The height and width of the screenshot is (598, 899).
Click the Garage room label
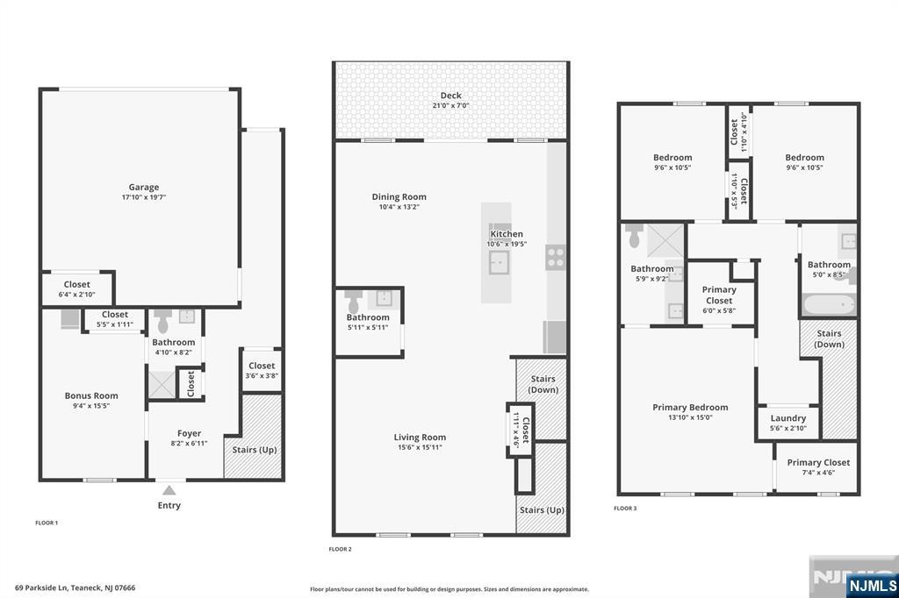pos(144,187)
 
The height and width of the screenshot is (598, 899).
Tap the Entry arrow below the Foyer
pos(169,490)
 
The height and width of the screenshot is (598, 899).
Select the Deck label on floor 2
pos(450,96)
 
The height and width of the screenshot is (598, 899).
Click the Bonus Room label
pos(91,395)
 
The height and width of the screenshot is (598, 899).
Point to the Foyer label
pos(189,433)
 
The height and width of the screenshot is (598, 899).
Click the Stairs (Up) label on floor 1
pos(254,450)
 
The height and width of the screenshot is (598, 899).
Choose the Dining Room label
pos(399,197)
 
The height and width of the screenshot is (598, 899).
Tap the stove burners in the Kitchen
pos(556,257)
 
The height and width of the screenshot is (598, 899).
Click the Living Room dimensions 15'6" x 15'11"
pos(420,447)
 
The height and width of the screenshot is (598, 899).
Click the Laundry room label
pos(788,418)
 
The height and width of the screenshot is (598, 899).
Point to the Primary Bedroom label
pos(690,407)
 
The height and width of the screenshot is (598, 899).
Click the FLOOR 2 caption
pos(340,549)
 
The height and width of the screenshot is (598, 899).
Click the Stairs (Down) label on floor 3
pos(829,338)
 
